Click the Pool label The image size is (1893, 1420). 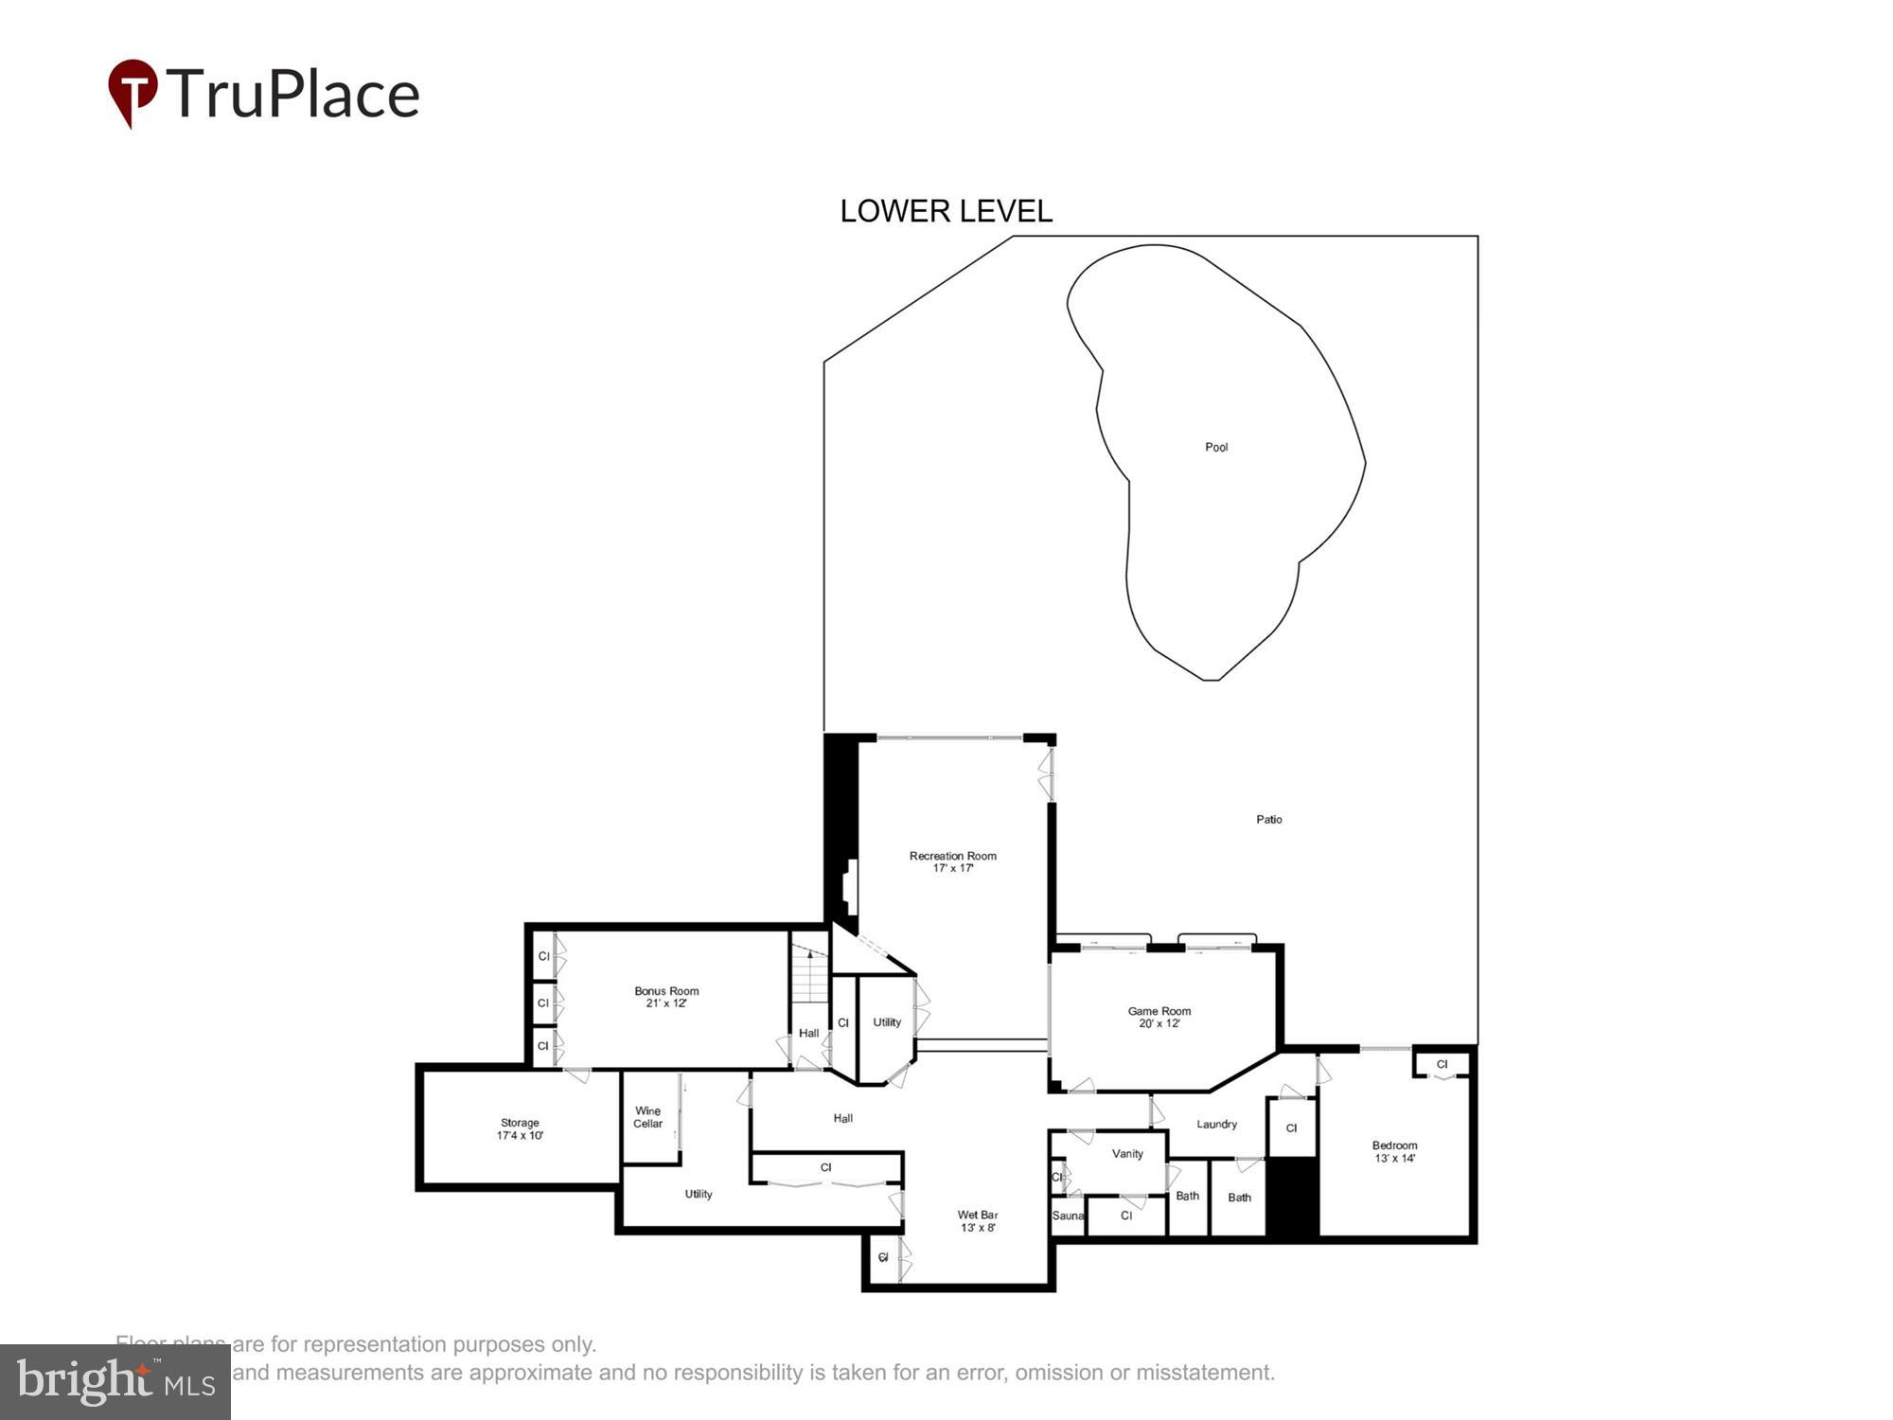click(1216, 447)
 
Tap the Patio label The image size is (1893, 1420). click(1269, 819)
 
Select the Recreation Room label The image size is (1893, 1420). click(952, 861)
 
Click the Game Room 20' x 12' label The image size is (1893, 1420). click(1159, 1017)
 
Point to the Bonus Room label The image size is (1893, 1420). click(666, 997)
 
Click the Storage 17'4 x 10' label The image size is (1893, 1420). click(520, 1128)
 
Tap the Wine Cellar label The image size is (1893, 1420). click(647, 1117)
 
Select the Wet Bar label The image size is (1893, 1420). click(977, 1220)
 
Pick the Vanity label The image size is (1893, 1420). click(1127, 1153)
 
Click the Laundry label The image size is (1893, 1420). click(1216, 1124)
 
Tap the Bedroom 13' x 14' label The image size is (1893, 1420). click(1394, 1151)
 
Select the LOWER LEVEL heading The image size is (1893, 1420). click(946, 211)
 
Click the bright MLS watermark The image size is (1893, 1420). click(115, 1382)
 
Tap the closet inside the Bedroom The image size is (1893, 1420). click(1442, 1064)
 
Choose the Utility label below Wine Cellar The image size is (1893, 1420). click(699, 1194)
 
